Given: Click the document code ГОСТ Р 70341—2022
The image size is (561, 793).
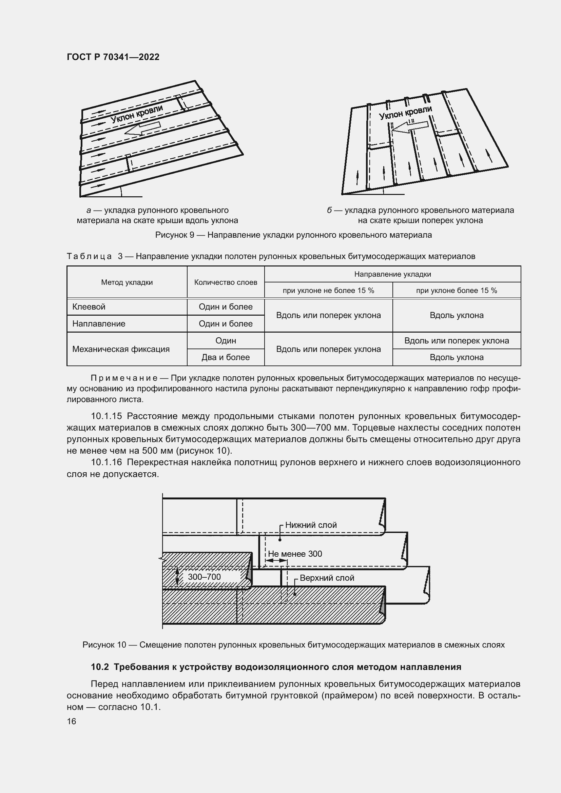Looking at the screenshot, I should [113, 57].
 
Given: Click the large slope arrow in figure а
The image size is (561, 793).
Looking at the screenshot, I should [142, 128].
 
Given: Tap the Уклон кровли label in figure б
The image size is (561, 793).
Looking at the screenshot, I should [406, 113].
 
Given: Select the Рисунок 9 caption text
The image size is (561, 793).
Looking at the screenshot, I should [293, 235].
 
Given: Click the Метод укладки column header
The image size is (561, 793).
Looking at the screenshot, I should [127, 282].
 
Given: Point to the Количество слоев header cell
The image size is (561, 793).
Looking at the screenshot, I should [226, 282].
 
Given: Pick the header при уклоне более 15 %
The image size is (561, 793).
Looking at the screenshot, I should [456, 291].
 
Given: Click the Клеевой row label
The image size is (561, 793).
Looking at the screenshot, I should [89, 307].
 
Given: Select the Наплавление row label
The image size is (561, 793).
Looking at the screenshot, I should [99, 324].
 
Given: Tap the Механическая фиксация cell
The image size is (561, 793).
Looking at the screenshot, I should [121, 349].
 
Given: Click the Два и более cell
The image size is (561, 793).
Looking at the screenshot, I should [226, 357].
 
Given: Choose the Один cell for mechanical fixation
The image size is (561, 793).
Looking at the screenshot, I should [226, 340].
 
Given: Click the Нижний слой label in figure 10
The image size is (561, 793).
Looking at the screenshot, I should [311, 525].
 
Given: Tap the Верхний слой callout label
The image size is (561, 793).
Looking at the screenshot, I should [327, 578].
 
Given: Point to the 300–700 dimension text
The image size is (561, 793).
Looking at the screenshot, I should [204, 577].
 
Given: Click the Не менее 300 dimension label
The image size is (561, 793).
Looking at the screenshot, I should [295, 554].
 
